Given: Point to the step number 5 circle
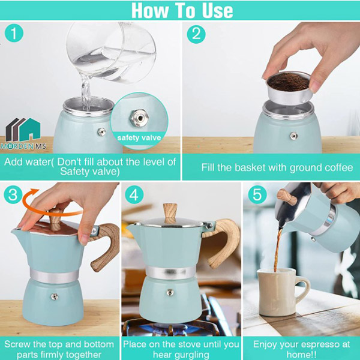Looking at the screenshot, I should (x=256, y=196).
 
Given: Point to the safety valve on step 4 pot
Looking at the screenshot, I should (x=170, y=293).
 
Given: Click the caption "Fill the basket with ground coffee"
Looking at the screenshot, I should (x=277, y=167).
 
